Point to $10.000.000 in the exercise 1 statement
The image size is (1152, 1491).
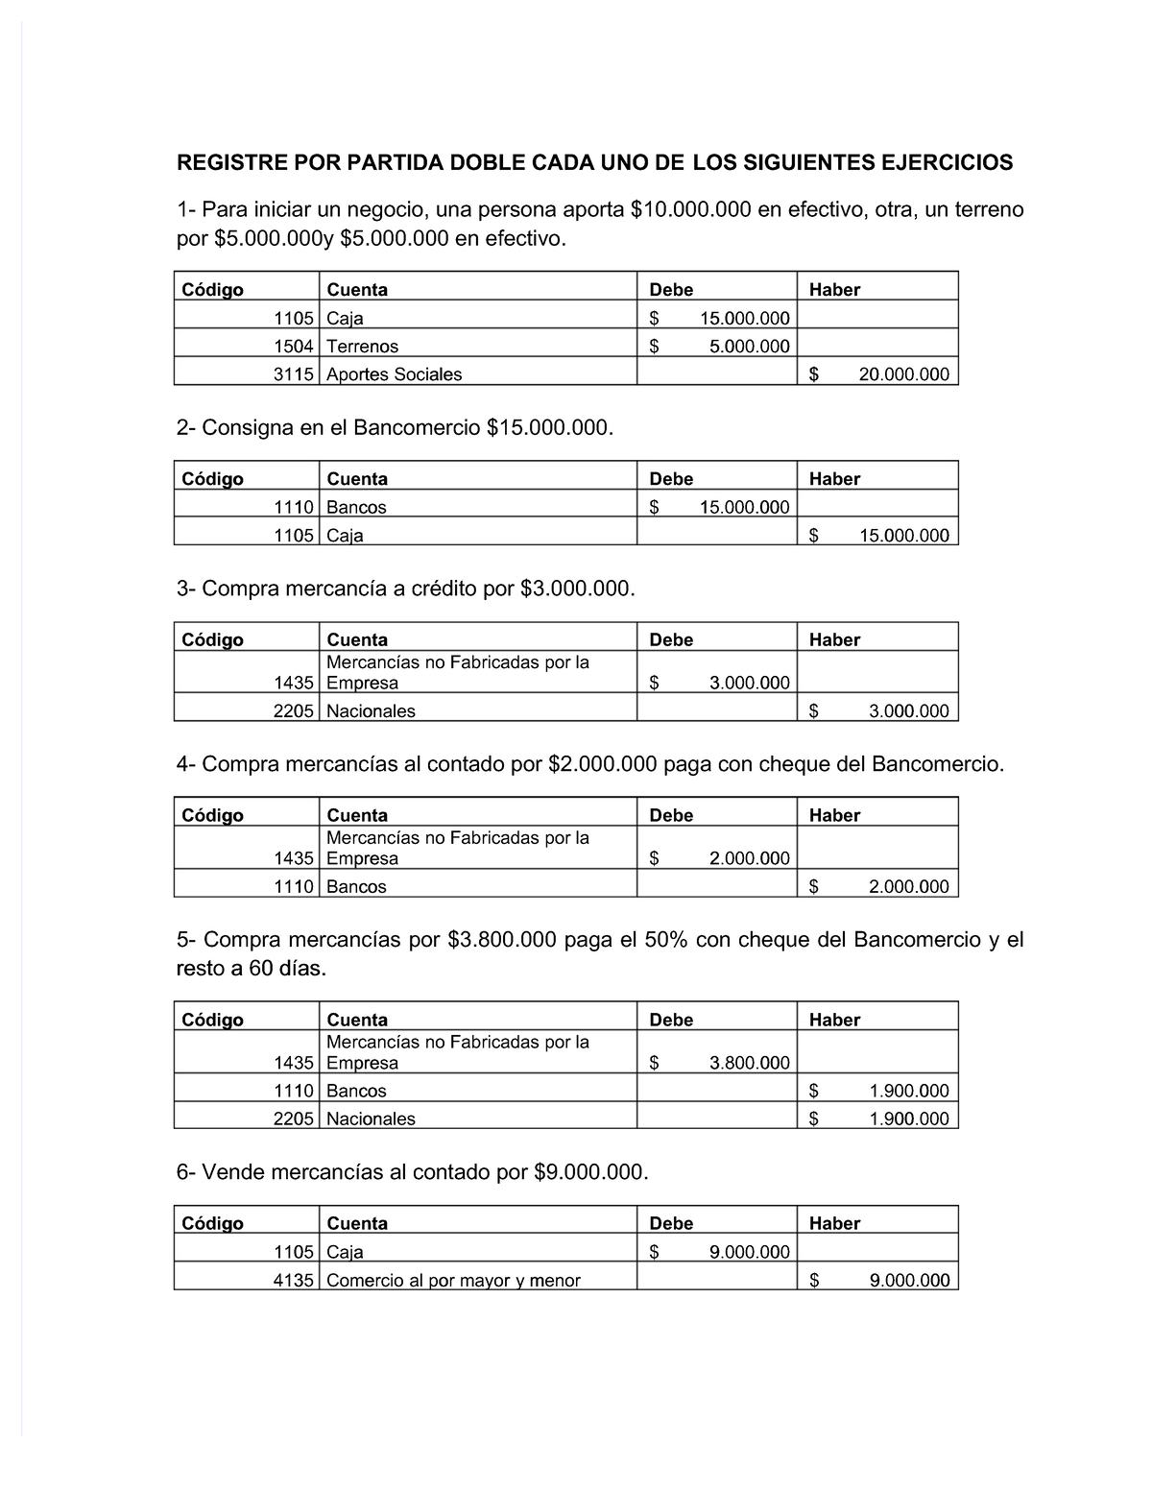coord(690,209)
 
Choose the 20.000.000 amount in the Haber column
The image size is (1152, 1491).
coord(903,374)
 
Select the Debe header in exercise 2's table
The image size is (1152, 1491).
coord(671,479)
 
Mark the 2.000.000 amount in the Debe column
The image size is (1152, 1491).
coord(749,859)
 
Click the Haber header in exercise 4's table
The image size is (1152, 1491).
coord(834,815)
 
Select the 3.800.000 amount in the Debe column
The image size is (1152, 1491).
coord(749,1063)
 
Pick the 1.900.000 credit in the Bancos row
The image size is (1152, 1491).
coord(908,1091)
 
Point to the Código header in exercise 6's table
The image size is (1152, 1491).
coord(212,1223)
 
